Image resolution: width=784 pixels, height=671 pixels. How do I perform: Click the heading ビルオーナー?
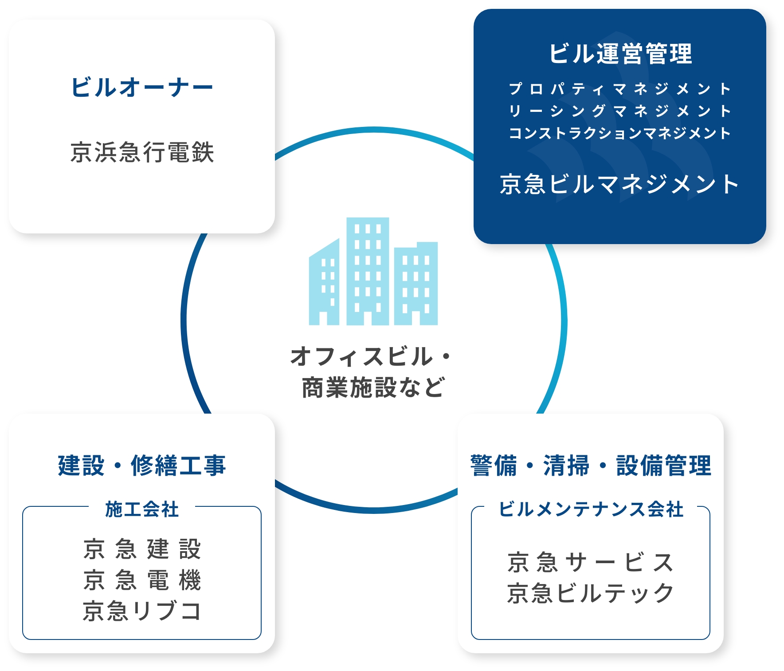click(x=142, y=87)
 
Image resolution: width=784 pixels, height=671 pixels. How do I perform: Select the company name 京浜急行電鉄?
click(x=142, y=152)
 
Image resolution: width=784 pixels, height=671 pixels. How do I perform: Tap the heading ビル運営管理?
click(x=620, y=54)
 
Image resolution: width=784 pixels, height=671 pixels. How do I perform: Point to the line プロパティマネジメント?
click(x=620, y=89)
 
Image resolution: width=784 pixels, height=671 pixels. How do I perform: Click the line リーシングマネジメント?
click(x=620, y=111)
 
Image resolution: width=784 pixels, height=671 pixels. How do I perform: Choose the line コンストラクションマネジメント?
click(x=620, y=133)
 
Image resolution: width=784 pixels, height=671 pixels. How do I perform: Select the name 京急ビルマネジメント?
click(x=619, y=184)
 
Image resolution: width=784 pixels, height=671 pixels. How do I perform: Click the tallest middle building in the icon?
click(x=368, y=271)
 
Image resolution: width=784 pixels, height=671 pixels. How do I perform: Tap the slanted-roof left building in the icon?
click(x=324, y=282)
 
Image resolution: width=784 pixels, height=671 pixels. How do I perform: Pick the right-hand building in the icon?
click(x=416, y=284)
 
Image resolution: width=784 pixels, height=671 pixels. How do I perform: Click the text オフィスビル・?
click(x=371, y=357)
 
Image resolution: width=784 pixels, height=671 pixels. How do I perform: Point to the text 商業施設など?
click(x=373, y=387)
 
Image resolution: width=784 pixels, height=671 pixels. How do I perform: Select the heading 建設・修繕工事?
click(x=142, y=466)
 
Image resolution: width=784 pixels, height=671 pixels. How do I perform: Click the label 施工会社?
click(x=142, y=509)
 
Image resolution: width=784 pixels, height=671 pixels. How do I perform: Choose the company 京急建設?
click(x=142, y=549)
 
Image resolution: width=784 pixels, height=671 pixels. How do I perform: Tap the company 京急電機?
click(x=142, y=580)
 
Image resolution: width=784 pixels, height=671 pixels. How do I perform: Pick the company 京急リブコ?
click(x=142, y=611)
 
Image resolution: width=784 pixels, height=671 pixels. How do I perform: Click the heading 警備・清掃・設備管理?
click(x=591, y=466)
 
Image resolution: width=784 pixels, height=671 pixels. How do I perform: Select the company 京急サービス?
click(x=591, y=562)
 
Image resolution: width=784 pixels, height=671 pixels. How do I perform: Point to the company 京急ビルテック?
click(x=591, y=593)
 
